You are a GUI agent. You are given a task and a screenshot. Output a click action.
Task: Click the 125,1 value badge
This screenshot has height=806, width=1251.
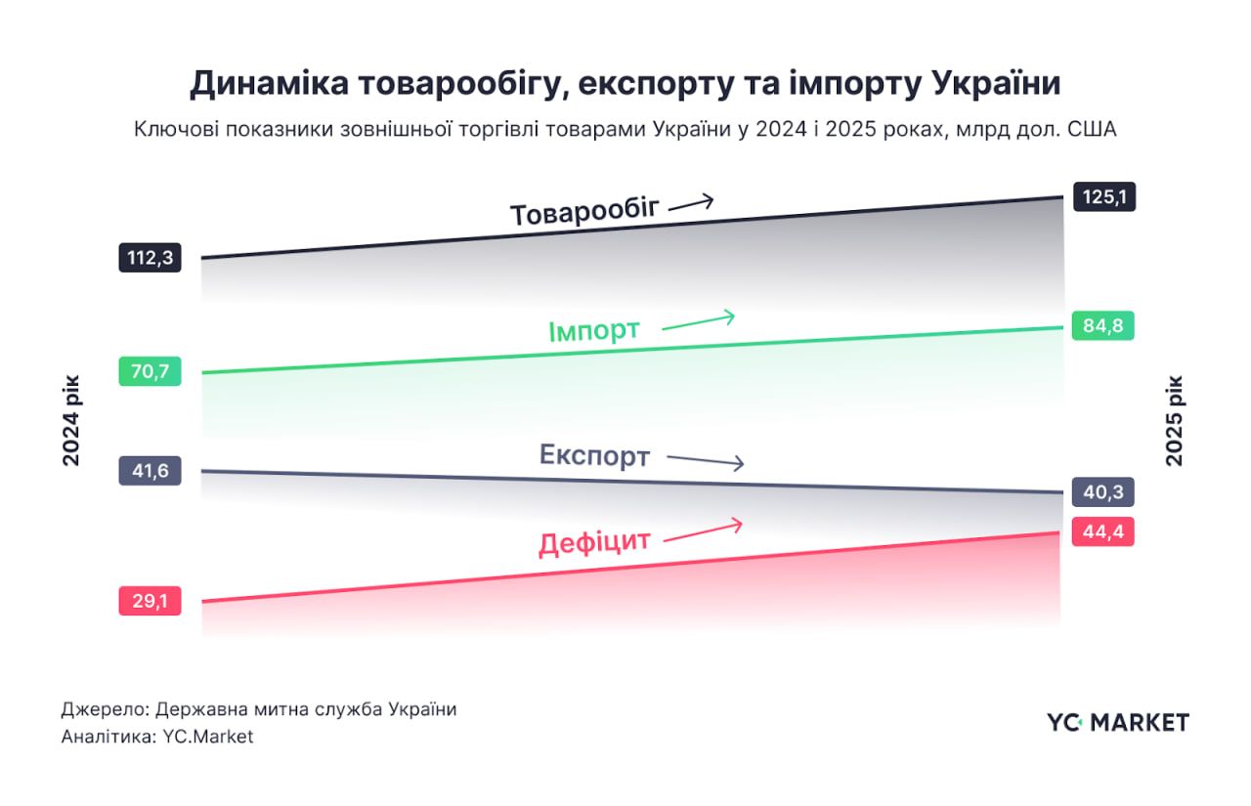click(1103, 196)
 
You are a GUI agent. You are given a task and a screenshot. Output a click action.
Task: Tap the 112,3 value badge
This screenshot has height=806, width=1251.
click(150, 258)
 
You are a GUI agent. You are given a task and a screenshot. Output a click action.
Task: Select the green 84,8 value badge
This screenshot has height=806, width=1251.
click(1102, 325)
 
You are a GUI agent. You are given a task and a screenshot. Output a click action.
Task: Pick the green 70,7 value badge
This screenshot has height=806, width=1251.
click(150, 371)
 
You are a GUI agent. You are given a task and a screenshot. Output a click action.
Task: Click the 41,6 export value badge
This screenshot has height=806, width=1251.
click(150, 471)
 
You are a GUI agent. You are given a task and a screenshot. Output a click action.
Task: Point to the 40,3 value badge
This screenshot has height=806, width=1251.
click(1102, 491)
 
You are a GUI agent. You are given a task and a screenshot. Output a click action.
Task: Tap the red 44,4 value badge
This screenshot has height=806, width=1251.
click(1102, 531)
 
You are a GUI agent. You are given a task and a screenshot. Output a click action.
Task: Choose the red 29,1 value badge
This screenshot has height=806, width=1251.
click(150, 601)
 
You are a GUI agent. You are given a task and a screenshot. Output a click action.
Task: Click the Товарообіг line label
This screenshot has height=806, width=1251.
click(584, 212)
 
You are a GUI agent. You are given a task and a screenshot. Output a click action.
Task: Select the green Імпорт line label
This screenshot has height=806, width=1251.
click(594, 330)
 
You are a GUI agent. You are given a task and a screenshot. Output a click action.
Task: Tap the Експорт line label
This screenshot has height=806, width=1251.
click(594, 455)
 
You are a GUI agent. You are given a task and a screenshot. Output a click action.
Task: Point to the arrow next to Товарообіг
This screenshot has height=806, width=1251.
click(691, 203)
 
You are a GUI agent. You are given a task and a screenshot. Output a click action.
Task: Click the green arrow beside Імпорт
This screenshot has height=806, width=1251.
click(698, 321)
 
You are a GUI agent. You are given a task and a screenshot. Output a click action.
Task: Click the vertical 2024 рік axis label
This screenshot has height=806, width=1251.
click(72, 420)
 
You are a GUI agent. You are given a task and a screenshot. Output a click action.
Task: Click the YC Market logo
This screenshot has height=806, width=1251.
click(1117, 722)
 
